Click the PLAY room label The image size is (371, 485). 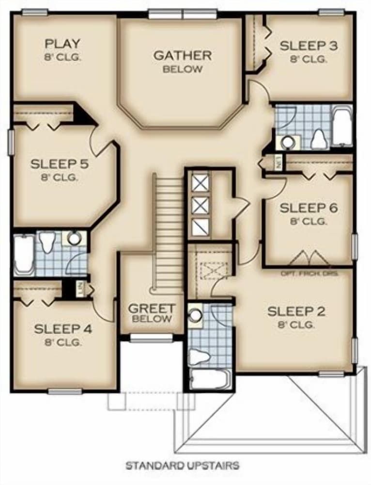[x=62, y=44]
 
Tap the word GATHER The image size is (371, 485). [x=182, y=55]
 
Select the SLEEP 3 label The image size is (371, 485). [x=309, y=46]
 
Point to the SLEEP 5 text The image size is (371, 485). [x=60, y=164]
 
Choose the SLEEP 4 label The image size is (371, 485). [x=63, y=329]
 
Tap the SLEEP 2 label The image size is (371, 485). [x=296, y=311]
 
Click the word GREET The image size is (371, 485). [x=152, y=308]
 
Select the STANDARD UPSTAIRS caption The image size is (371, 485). [x=182, y=466]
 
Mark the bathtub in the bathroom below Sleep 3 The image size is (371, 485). [x=342, y=128]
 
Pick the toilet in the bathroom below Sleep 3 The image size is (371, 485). [x=319, y=139]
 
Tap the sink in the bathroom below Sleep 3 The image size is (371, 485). [x=288, y=142]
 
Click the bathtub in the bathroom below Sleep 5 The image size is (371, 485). [x=24, y=254]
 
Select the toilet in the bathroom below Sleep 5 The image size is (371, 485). [x=47, y=242]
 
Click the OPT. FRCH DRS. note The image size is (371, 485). [x=309, y=273]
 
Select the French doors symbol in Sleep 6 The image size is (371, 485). [x=309, y=258]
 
